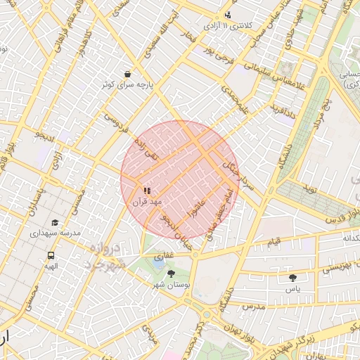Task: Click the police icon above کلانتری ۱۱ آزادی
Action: (x=227, y=15)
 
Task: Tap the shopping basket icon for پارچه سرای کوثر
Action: (x=127, y=74)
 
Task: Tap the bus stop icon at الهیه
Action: (x=51, y=255)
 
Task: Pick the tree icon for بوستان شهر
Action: (x=171, y=274)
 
